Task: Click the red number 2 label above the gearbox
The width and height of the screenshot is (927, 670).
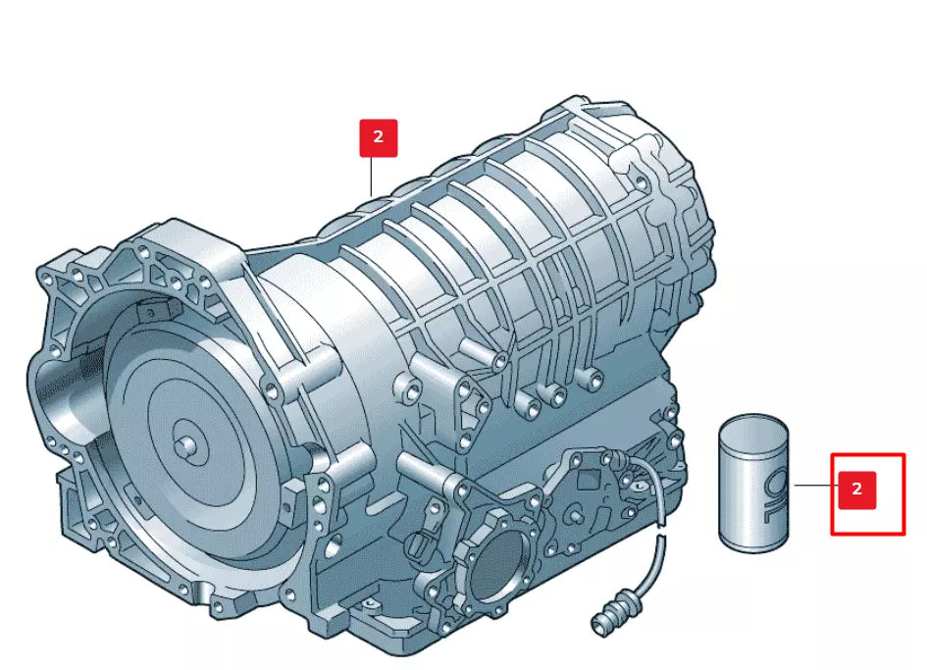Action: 378,137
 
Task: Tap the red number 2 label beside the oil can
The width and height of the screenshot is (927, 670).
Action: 856,490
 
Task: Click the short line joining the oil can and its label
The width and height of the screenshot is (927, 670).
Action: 813,486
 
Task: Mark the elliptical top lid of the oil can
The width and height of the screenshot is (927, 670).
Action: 753,429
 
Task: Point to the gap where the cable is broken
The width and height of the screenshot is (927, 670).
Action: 661,529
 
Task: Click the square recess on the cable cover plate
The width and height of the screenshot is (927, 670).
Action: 588,481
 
